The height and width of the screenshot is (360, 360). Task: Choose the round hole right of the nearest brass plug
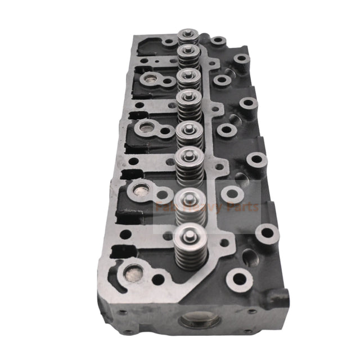(x=159, y=278)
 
